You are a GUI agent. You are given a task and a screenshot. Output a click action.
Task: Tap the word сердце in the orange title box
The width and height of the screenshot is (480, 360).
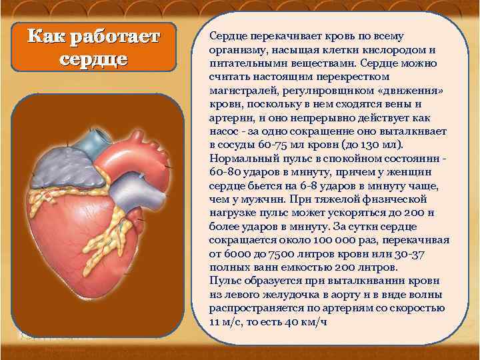93,58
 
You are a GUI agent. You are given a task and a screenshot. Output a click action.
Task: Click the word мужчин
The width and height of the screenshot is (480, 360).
261,199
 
